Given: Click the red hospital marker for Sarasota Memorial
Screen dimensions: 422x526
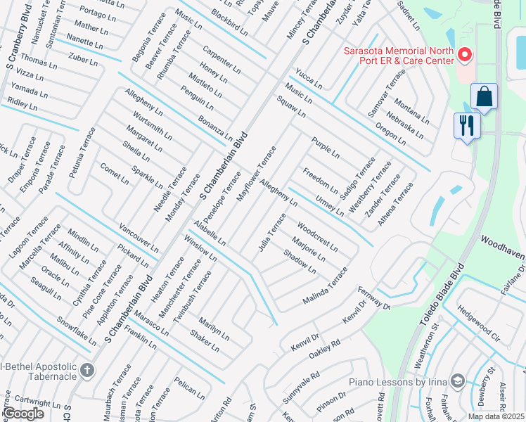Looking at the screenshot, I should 463,54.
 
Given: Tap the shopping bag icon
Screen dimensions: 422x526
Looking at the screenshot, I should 485,97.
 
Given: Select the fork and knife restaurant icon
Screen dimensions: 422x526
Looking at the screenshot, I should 466,126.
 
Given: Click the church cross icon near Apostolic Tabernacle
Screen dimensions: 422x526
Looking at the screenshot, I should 86,370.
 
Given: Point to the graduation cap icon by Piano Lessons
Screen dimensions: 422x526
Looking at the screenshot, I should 458,381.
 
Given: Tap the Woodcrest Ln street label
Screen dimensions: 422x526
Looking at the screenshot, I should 316,238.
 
